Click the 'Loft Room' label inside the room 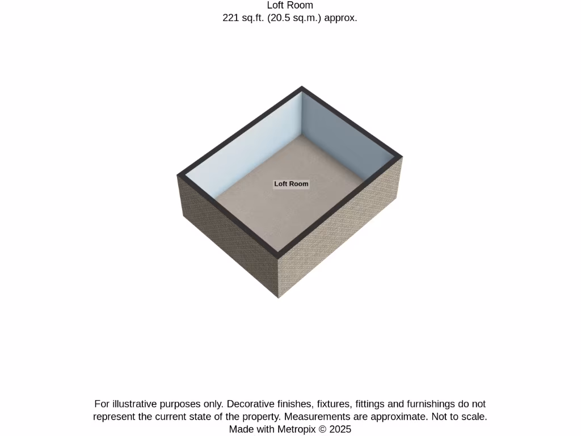291,184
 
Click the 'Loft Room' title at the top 290,6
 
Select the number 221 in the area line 231,18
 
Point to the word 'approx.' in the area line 340,18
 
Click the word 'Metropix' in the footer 296,429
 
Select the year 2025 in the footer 340,429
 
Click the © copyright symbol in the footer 323,429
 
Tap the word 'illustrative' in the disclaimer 134,404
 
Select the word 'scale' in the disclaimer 473,417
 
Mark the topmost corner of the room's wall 302,87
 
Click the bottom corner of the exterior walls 279,297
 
